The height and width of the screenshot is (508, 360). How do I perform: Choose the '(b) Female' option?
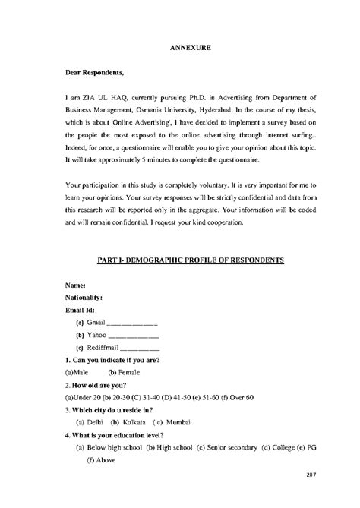click(125, 372)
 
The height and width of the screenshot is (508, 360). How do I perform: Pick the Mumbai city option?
click(172, 421)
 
